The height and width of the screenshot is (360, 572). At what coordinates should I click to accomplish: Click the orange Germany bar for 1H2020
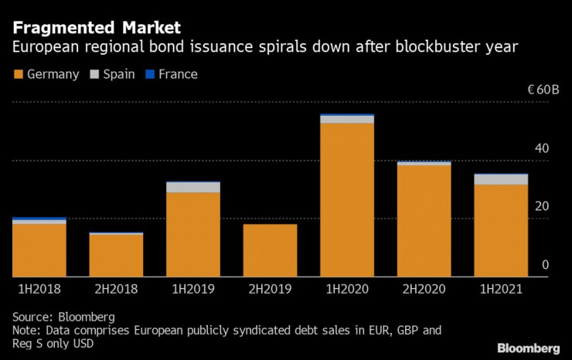click(x=347, y=199)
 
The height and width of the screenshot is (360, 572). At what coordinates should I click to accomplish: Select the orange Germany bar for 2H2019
click(x=270, y=250)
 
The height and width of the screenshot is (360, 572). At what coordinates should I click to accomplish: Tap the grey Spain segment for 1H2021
click(x=501, y=179)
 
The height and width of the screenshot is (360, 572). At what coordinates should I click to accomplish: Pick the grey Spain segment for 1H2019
click(x=193, y=187)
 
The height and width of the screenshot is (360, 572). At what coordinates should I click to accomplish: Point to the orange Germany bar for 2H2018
click(x=116, y=255)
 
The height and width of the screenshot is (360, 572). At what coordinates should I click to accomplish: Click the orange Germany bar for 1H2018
click(x=39, y=250)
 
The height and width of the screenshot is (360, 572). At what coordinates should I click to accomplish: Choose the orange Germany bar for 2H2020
click(x=424, y=220)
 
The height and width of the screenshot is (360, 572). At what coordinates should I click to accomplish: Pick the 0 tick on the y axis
click(x=545, y=265)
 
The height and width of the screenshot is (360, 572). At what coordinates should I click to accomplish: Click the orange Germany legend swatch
click(x=18, y=75)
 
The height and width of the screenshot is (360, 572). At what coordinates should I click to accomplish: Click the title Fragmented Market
click(x=97, y=29)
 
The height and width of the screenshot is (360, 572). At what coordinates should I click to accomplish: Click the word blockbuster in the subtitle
click(x=427, y=48)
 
